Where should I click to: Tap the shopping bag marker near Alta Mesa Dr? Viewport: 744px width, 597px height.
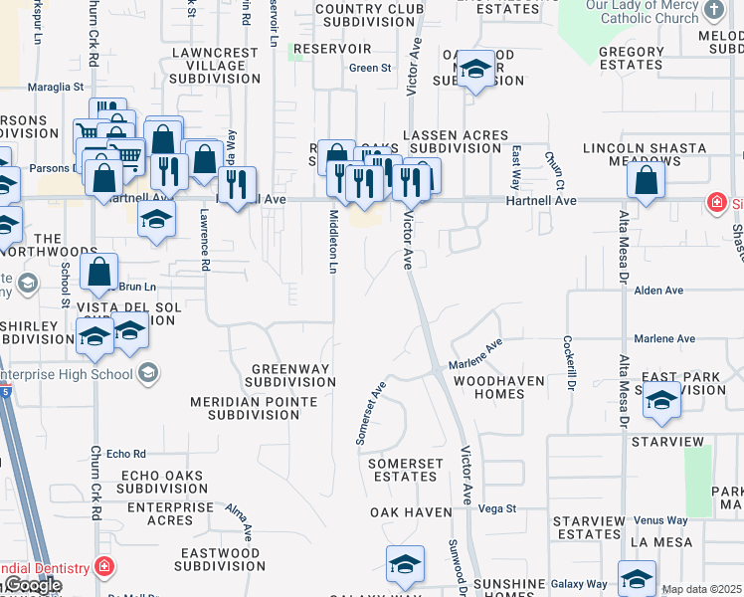(647, 182)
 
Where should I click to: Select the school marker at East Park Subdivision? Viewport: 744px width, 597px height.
(661, 401)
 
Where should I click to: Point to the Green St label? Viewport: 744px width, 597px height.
(370, 69)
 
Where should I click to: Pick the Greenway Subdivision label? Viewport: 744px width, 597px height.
(290, 375)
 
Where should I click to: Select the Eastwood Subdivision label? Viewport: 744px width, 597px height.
(217, 559)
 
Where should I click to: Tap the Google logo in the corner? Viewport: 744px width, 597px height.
(32, 585)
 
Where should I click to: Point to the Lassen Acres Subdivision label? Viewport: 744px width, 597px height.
(456, 141)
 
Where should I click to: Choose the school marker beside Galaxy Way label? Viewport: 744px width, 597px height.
(637, 578)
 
